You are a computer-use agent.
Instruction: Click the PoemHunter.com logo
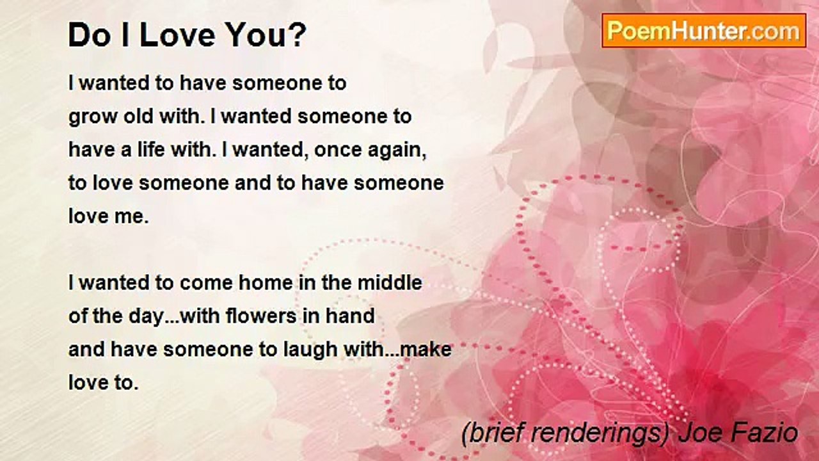pyautogui.click(x=704, y=31)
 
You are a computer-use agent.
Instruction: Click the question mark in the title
pyautogui.click(x=299, y=35)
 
